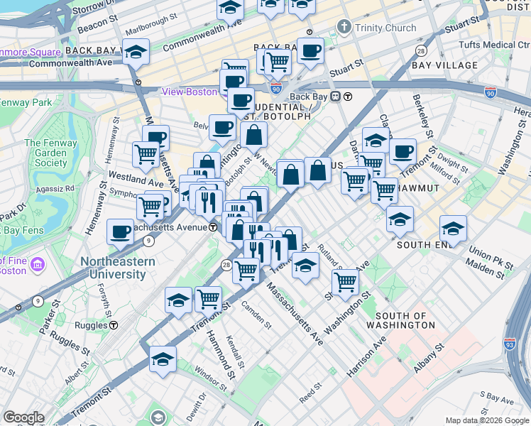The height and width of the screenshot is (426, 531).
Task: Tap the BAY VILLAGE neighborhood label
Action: point(444,65)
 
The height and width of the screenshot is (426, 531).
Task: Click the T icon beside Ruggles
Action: point(114,325)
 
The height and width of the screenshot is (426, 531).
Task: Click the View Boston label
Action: point(189,92)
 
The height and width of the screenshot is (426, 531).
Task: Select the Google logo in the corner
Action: point(23,417)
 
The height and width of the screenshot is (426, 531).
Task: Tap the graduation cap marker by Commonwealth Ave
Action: point(135,52)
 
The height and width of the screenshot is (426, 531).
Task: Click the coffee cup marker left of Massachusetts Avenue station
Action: point(119,231)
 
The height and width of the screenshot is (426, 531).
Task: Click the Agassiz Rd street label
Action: point(59,189)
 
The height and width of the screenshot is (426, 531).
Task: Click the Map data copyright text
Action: point(487,420)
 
